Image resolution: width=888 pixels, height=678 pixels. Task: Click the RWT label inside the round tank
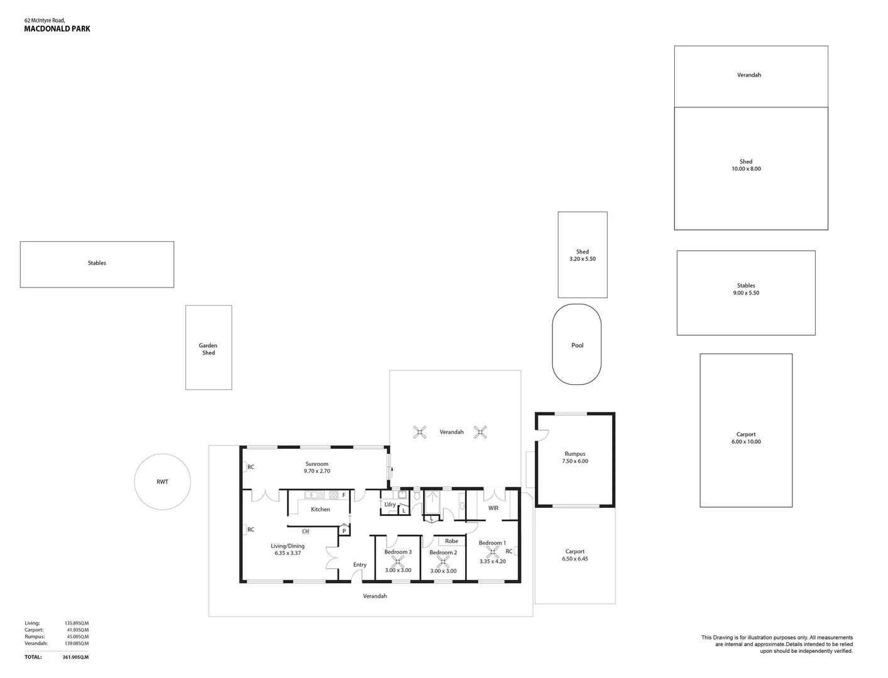pos(162,482)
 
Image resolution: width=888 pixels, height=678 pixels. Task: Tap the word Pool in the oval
pos(577,345)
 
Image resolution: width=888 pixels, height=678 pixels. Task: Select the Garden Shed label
pos(208,349)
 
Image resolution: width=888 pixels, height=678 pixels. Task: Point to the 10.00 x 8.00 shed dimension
pos(746,169)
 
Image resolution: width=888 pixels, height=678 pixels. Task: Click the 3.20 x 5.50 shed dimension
pos(583,259)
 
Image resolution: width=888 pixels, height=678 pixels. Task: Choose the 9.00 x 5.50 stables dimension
pos(746,293)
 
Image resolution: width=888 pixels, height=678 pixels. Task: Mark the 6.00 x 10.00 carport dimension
pos(746,442)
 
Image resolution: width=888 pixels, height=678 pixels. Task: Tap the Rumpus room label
pos(574,454)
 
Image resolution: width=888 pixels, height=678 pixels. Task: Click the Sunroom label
pos(317,464)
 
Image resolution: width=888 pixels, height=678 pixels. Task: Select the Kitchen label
pos(320,509)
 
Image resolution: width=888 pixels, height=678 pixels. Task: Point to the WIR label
pos(493,508)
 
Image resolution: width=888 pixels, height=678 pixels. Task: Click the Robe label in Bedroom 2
pos(451,541)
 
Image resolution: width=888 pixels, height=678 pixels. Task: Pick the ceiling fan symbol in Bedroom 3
pos(398,561)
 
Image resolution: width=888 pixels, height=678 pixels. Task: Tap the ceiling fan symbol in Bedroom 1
pos(493,552)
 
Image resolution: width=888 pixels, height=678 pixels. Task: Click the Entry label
pos(359,564)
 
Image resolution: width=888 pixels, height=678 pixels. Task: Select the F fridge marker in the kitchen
pos(344,495)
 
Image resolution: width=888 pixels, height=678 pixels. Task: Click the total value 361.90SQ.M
pos(75,657)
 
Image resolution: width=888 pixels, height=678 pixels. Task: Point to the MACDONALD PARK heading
pos(57,29)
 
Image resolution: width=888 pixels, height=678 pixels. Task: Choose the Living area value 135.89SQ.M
pos(77,623)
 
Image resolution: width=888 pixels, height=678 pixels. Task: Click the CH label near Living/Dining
pos(305,531)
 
